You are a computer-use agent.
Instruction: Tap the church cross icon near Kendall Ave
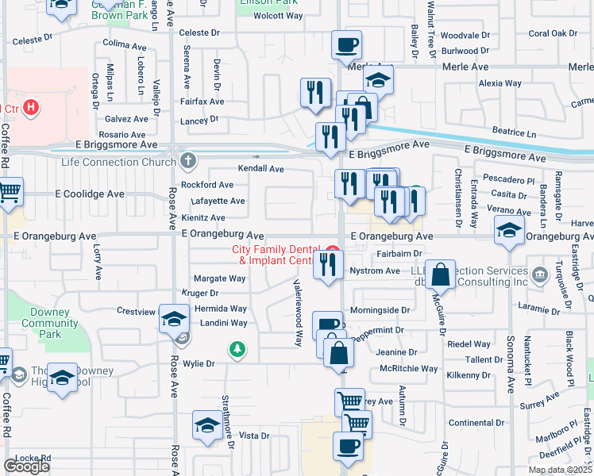188,161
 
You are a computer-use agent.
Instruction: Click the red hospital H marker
31,107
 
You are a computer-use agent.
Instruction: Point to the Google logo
26,466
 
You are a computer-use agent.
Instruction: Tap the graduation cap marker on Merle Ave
379,80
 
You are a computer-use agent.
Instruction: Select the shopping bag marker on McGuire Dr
439,274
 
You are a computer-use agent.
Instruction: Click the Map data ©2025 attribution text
560,470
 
